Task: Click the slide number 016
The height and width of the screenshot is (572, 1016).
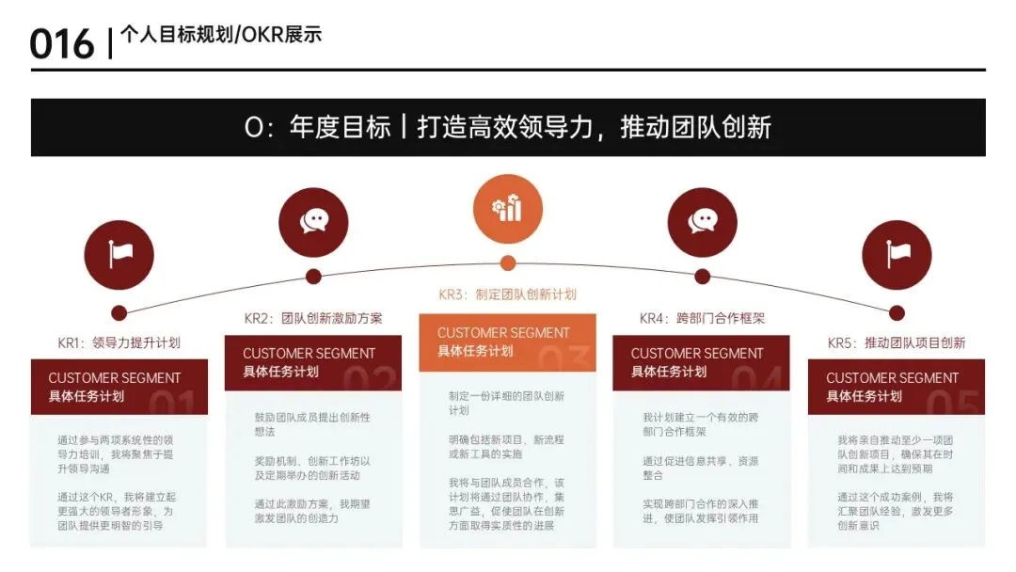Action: [x=62, y=44]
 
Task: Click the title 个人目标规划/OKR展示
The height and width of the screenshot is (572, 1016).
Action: [x=221, y=36]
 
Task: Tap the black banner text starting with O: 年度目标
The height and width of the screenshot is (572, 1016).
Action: [x=508, y=127]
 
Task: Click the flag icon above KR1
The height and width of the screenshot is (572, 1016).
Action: [x=119, y=253]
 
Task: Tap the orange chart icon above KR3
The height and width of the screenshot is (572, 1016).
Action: [x=508, y=208]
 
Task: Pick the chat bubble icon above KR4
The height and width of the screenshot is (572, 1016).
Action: [x=702, y=221]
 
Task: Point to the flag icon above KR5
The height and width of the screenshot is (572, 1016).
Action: [x=897, y=253]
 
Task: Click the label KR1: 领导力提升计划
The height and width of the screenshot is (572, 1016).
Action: [x=119, y=342]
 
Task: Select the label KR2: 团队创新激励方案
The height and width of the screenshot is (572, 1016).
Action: [x=313, y=318]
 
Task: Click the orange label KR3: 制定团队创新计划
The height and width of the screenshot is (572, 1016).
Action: [x=507, y=294]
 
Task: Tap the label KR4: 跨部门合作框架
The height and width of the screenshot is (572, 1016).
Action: [x=702, y=318]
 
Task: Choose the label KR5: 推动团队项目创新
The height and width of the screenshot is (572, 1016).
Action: [x=897, y=342]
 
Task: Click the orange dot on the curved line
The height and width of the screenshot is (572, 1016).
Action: [x=508, y=263]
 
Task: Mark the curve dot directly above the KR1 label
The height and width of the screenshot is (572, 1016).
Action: [x=119, y=313]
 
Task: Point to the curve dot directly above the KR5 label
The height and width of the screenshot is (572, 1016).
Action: [x=897, y=313]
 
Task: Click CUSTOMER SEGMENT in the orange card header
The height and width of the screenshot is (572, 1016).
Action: [x=503, y=333]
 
